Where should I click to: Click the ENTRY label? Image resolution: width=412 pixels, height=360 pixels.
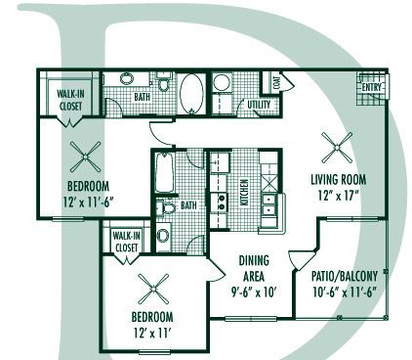[x=372, y=87]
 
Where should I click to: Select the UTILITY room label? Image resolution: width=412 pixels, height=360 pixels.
[x=259, y=104]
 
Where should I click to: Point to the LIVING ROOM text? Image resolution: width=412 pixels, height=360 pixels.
[x=338, y=179]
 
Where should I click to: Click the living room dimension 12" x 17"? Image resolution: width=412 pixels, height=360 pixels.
[x=338, y=195]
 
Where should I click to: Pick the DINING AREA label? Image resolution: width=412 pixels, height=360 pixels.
[x=254, y=268]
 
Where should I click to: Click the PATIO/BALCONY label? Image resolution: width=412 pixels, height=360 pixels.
[x=346, y=277]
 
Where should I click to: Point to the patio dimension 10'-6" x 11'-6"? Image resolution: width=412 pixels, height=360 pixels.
[x=346, y=292]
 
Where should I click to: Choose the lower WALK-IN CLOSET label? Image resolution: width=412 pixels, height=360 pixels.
[x=127, y=242]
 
